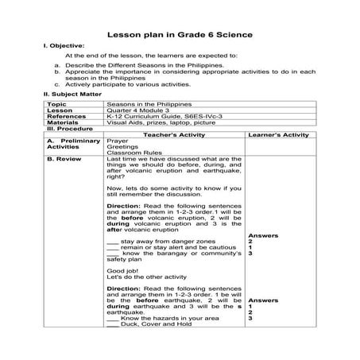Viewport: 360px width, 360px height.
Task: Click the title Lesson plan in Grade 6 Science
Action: click(x=180, y=35)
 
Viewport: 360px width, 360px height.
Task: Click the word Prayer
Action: click(x=116, y=141)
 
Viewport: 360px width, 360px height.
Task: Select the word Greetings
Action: click(x=120, y=148)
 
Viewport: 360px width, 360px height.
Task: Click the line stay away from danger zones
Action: click(x=159, y=238)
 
